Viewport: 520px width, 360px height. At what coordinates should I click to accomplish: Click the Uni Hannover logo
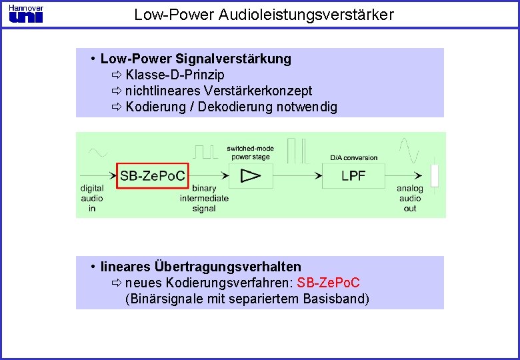(x=26, y=13)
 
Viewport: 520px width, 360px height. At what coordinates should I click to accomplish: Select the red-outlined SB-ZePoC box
(x=153, y=176)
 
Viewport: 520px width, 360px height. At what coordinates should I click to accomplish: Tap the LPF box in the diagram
(x=353, y=176)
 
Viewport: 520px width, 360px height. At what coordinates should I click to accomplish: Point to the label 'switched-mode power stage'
(x=250, y=153)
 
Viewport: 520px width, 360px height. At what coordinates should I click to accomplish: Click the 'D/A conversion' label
(x=353, y=158)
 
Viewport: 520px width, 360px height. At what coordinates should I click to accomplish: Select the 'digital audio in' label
(x=92, y=199)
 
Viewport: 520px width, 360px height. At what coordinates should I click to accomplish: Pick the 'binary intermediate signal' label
(x=204, y=199)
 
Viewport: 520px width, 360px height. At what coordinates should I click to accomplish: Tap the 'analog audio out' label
(x=410, y=199)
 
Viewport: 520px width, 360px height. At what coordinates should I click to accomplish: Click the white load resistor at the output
(x=435, y=175)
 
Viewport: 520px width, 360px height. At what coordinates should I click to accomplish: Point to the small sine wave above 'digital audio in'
(x=97, y=153)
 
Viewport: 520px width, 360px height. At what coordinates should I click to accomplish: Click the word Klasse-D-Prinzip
(x=175, y=75)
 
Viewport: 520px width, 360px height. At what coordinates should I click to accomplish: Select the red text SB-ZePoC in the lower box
(x=329, y=283)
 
